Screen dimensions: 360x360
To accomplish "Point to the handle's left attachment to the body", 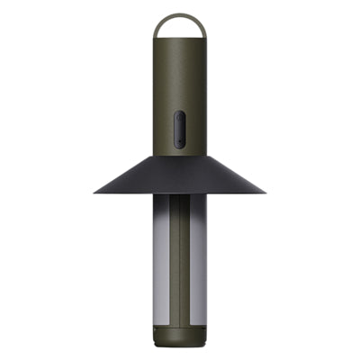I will tap(157, 37).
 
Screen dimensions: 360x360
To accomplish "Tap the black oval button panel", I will tap(179, 130).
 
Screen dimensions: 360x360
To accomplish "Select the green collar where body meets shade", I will tap(179, 156).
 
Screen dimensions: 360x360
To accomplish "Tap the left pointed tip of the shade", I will tap(94, 192).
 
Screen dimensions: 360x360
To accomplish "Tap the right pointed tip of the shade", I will tap(265, 192).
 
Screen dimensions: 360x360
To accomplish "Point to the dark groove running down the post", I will tap(180, 261).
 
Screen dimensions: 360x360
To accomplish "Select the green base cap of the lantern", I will tap(179, 336).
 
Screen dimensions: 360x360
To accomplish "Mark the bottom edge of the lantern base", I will tap(179, 346).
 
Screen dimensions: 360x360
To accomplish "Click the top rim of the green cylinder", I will tap(179, 41).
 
